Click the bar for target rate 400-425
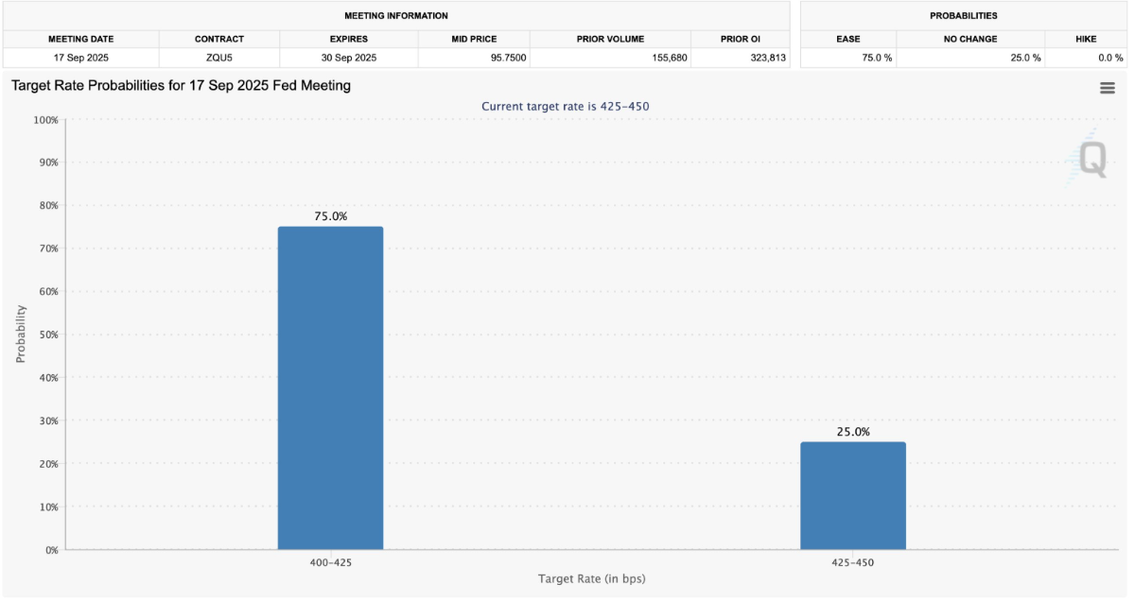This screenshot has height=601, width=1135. point(330,387)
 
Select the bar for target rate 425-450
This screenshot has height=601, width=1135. point(852,495)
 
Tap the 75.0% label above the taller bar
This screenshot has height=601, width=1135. point(330,216)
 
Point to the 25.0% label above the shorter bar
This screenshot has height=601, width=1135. point(852,432)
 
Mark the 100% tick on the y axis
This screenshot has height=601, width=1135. point(44,120)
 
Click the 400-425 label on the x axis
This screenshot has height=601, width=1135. point(330,561)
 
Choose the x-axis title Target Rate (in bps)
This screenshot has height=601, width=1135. point(597,578)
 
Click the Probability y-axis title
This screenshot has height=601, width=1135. point(21,334)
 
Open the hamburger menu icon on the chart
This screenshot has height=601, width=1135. point(1107,88)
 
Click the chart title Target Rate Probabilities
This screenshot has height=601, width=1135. point(181,86)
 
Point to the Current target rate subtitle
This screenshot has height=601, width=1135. point(565,106)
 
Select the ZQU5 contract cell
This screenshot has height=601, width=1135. point(218,59)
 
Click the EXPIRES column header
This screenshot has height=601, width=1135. point(348,39)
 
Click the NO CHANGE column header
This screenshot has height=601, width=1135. point(970,39)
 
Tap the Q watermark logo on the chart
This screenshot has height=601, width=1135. point(1091,159)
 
